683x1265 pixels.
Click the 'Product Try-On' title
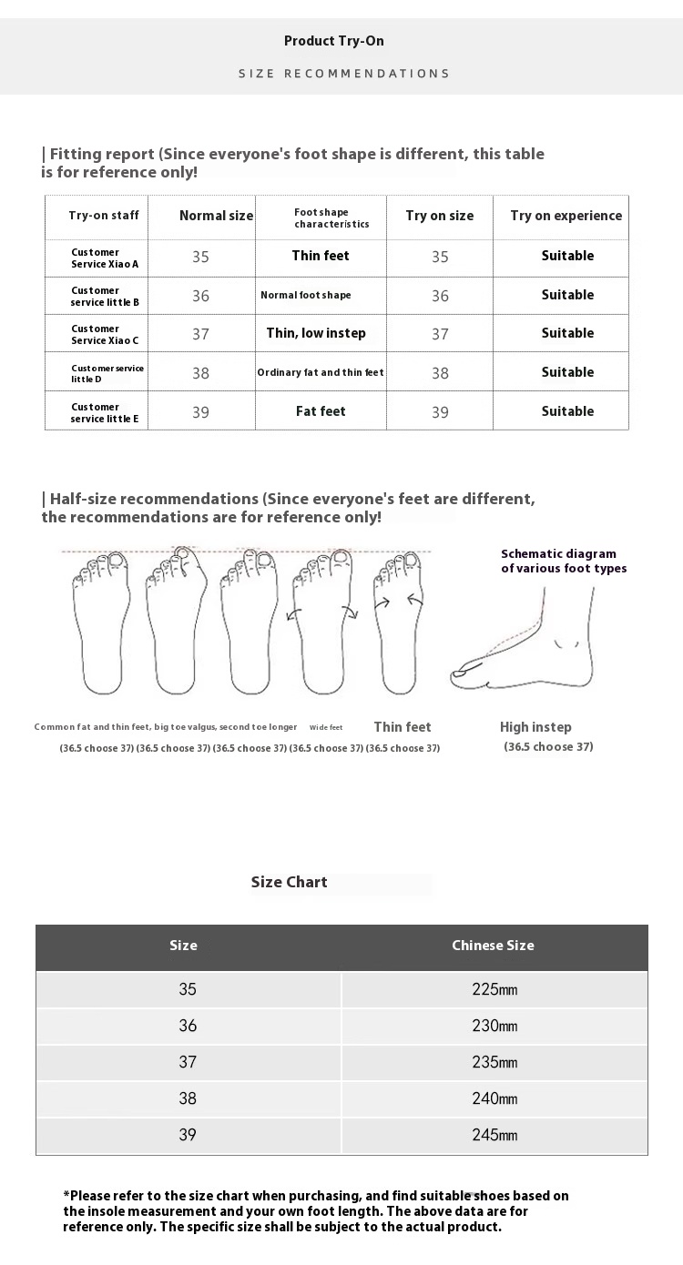333,41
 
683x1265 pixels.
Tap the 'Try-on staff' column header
104,216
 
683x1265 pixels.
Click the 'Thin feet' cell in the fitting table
321,256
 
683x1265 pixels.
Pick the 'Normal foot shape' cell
306,295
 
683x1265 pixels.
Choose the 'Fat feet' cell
321,411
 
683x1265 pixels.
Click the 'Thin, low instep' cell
316,333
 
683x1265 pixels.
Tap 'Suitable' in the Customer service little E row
567,411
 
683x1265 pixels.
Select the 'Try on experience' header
566,216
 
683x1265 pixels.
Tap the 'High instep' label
535,727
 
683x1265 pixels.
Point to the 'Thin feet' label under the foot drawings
403,727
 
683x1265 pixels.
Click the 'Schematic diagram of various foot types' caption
564,561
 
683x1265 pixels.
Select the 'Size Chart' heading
289,882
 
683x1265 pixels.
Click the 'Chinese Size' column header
493,946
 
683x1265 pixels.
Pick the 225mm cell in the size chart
494,989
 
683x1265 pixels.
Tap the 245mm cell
494,1135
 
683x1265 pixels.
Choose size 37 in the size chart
188,1062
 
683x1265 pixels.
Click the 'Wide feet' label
326,728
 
